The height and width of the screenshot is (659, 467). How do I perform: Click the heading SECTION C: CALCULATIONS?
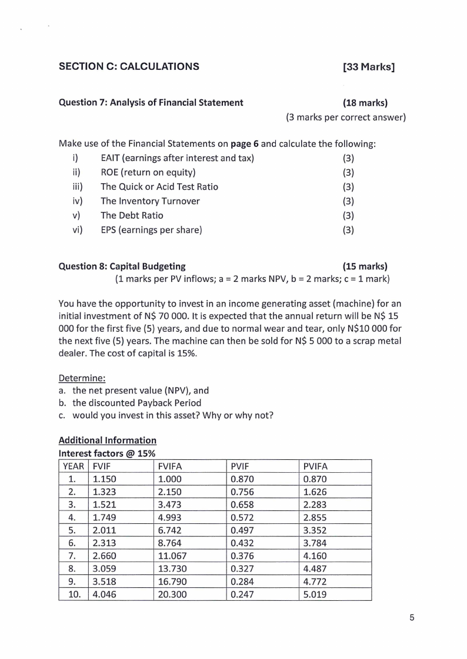pos(129,66)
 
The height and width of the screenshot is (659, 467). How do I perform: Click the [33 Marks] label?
pos(368,66)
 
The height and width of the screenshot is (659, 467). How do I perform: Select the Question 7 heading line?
pos(151,103)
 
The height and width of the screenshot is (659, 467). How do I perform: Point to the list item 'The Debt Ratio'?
pos(132,216)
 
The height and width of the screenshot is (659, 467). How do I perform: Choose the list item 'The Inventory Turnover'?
pos(150,201)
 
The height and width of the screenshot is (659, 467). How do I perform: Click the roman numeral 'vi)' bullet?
pos(77,230)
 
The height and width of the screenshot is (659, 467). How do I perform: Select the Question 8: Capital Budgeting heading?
pos(122,266)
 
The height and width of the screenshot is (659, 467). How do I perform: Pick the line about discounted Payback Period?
pos(136,403)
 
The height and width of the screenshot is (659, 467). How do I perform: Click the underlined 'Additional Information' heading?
pos(108,440)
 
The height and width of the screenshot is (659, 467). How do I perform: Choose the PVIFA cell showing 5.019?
pos(315,594)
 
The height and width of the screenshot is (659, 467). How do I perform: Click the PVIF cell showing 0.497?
pos(242,530)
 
